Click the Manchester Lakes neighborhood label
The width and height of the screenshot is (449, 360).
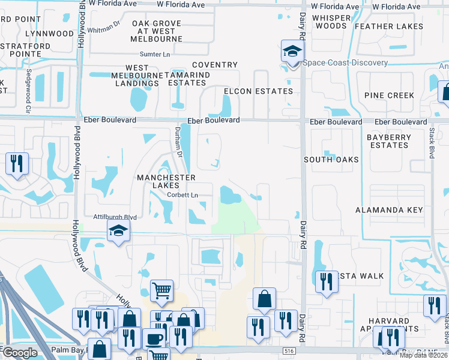[x=166, y=182]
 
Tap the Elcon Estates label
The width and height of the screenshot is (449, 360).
[x=258, y=91]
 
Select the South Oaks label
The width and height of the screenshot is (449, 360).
[x=331, y=160]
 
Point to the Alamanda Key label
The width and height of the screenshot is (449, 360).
[x=389, y=210]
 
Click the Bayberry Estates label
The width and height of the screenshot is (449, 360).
[x=389, y=141]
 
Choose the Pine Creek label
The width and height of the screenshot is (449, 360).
[x=389, y=95]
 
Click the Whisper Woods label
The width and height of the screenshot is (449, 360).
[x=331, y=22]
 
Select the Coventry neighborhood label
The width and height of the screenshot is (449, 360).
[x=215, y=65]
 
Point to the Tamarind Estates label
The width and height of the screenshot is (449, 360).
[x=187, y=79]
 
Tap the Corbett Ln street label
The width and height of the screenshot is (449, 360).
[x=182, y=195]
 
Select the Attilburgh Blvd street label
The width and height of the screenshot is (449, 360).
[x=115, y=217]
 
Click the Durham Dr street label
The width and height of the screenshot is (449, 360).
[x=178, y=142]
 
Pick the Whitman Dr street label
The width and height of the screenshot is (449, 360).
[x=104, y=28]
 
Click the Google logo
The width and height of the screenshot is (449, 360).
[x=19, y=353]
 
